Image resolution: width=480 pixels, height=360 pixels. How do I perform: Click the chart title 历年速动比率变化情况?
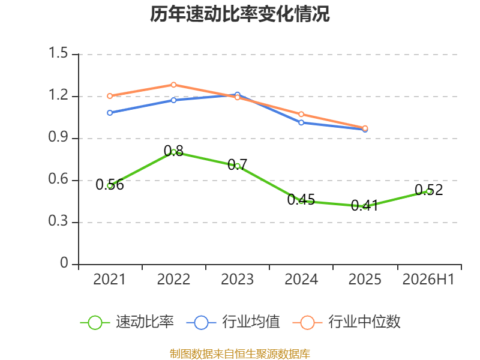(x=239, y=14)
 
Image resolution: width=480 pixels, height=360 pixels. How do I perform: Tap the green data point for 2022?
(x=173, y=152)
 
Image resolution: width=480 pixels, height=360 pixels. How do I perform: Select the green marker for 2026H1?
(x=429, y=191)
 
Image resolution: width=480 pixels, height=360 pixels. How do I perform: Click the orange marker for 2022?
(x=173, y=85)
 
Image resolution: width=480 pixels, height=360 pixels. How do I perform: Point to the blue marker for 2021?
(x=110, y=113)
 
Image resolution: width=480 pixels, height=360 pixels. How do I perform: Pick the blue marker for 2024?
(x=301, y=122)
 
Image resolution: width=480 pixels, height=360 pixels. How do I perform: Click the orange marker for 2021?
(x=110, y=96)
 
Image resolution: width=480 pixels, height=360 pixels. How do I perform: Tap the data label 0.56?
(x=110, y=185)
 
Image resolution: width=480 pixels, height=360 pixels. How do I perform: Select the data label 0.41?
(x=365, y=205)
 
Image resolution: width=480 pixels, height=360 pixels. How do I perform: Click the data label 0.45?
(x=301, y=200)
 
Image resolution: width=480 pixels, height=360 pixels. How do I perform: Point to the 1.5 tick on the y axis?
(x=58, y=53)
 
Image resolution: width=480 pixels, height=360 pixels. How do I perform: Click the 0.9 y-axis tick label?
(x=58, y=137)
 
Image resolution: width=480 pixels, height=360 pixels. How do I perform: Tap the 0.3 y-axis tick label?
(x=58, y=221)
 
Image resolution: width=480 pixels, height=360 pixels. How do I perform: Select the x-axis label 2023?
(x=237, y=279)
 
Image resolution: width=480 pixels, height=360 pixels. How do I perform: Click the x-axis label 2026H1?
(x=428, y=279)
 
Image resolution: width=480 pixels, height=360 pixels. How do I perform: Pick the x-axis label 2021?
(x=109, y=279)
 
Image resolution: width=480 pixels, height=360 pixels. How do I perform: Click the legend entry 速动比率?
(x=127, y=322)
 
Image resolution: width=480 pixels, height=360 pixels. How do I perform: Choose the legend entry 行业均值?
(x=233, y=322)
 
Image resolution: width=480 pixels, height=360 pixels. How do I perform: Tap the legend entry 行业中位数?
(x=347, y=322)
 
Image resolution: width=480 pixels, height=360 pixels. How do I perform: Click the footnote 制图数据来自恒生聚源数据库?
(x=240, y=354)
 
